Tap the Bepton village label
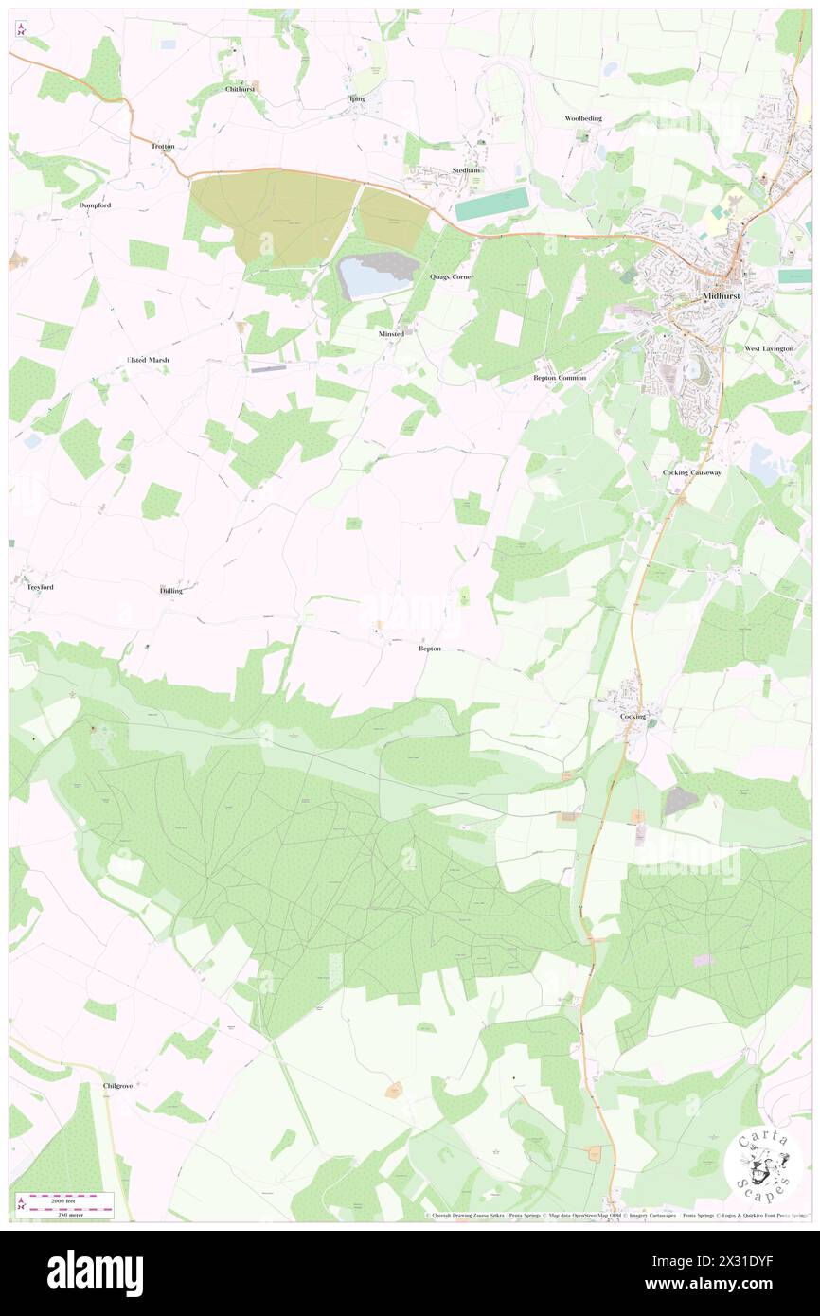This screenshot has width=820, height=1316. tap(430, 649)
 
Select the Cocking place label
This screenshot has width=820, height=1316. tap(633, 717)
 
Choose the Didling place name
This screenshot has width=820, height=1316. tap(171, 590)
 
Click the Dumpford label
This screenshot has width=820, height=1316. tap(96, 205)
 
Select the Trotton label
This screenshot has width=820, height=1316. tap(163, 147)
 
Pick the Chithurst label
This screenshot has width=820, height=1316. tap(241, 89)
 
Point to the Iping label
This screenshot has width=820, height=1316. tap(357, 98)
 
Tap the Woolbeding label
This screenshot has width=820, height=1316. tap(583, 118)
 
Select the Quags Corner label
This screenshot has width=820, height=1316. tap(451, 276)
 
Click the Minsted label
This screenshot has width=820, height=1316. tap(390, 334)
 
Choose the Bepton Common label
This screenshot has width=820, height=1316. tap(560, 378)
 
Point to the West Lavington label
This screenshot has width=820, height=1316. tap(769, 348)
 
